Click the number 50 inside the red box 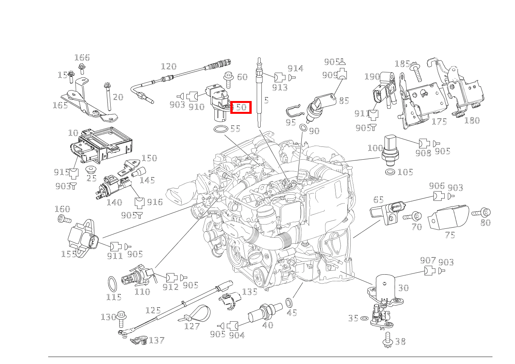pyautogui.click(x=241, y=107)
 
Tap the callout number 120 pyautogui.click(x=168, y=66)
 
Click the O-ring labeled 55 pyautogui.click(x=220, y=129)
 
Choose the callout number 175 pyautogui.click(x=439, y=122)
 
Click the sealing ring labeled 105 pyautogui.click(x=390, y=172)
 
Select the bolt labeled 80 pyautogui.click(x=482, y=212)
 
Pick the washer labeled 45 pyautogui.click(x=289, y=302)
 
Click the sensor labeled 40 pyautogui.click(x=266, y=311)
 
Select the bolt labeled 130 pyautogui.click(x=122, y=317)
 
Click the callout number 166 pyautogui.click(x=82, y=58)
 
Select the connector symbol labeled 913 pyautogui.click(x=280, y=77)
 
